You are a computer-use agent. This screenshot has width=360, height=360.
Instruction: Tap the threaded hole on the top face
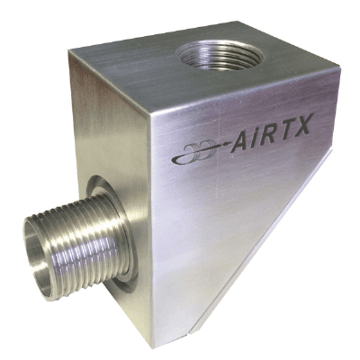(x=220, y=56)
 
